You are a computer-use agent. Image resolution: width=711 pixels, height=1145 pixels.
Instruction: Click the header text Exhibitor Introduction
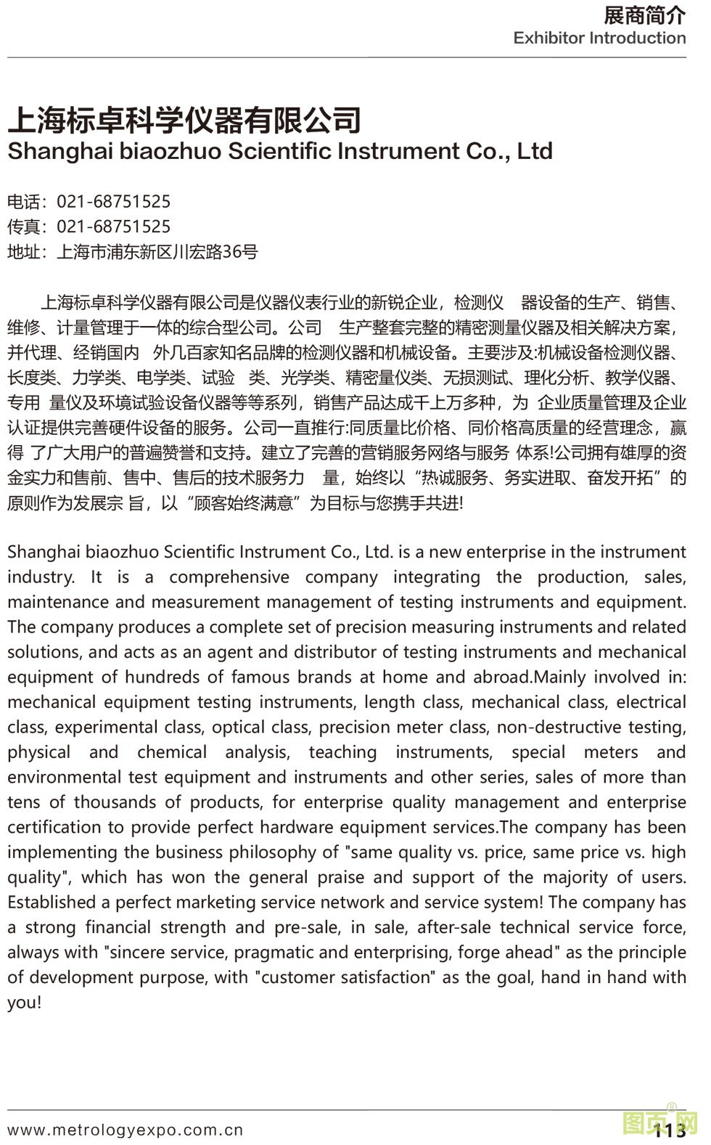coord(599,38)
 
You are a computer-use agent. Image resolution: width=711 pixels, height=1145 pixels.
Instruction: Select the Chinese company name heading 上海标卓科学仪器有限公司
coord(184,120)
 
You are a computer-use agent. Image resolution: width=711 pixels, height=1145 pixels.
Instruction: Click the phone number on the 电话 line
coord(114,202)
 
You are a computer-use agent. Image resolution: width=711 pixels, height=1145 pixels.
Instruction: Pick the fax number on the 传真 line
coord(114,227)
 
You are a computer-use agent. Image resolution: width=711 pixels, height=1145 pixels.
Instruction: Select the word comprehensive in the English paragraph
coord(229,577)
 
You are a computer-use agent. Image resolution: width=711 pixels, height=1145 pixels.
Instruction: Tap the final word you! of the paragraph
coord(25,1003)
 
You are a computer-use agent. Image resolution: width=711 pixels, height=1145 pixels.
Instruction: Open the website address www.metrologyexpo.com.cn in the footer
coord(126,1130)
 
